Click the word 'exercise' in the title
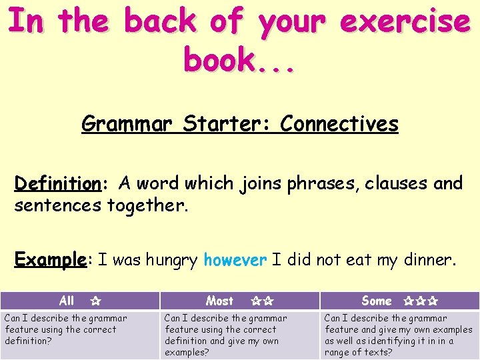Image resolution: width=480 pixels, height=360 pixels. [405, 21]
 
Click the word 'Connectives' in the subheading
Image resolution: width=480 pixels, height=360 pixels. [339, 124]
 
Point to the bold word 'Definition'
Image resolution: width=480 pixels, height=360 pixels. [57, 183]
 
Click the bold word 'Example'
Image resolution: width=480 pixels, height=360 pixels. [51, 259]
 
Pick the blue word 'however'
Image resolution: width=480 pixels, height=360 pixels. [235, 259]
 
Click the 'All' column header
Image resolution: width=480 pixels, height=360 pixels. [67, 301]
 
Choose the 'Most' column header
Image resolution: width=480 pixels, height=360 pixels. [219, 301]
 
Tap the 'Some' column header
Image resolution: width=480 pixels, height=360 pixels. [377, 301]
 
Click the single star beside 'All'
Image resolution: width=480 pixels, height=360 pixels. [95, 301]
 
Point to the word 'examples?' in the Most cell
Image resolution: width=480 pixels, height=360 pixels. [187, 352]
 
